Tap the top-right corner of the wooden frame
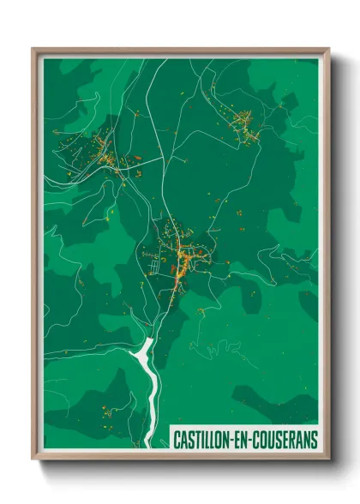327,50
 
